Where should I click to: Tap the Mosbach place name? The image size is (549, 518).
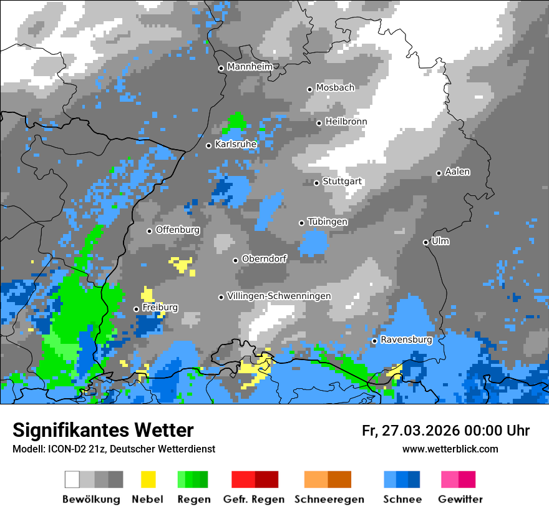(335, 88)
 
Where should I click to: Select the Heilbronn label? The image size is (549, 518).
(346, 122)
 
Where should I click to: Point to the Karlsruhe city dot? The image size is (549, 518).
(209, 145)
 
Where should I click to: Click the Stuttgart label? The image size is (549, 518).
(343, 182)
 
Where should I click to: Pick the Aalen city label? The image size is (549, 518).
(457, 172)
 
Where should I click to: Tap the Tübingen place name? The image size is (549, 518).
(328, 222)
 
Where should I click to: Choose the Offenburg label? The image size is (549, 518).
(178, 230)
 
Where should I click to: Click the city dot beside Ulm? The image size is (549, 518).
(426, 242)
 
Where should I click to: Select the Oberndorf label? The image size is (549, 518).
(265, 259)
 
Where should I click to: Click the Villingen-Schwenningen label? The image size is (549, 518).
(279, 296)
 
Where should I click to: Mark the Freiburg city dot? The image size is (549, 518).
(136, 309)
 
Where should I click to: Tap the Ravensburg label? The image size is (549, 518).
(406, 340)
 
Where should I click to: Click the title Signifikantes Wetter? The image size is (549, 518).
(103, 431)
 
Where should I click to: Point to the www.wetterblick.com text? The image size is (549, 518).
(450, 449)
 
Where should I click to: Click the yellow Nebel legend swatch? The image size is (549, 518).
(148, 479)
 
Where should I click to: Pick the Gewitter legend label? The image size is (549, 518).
(460, 499)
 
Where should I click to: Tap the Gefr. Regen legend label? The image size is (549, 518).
(254, 499)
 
